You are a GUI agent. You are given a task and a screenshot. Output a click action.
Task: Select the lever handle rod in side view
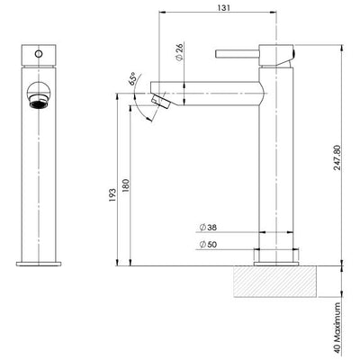tap(238, 54)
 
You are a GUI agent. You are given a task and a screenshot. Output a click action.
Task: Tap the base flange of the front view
tap(37, 261)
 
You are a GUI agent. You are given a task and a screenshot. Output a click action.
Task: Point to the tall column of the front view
tap(37, 180)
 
